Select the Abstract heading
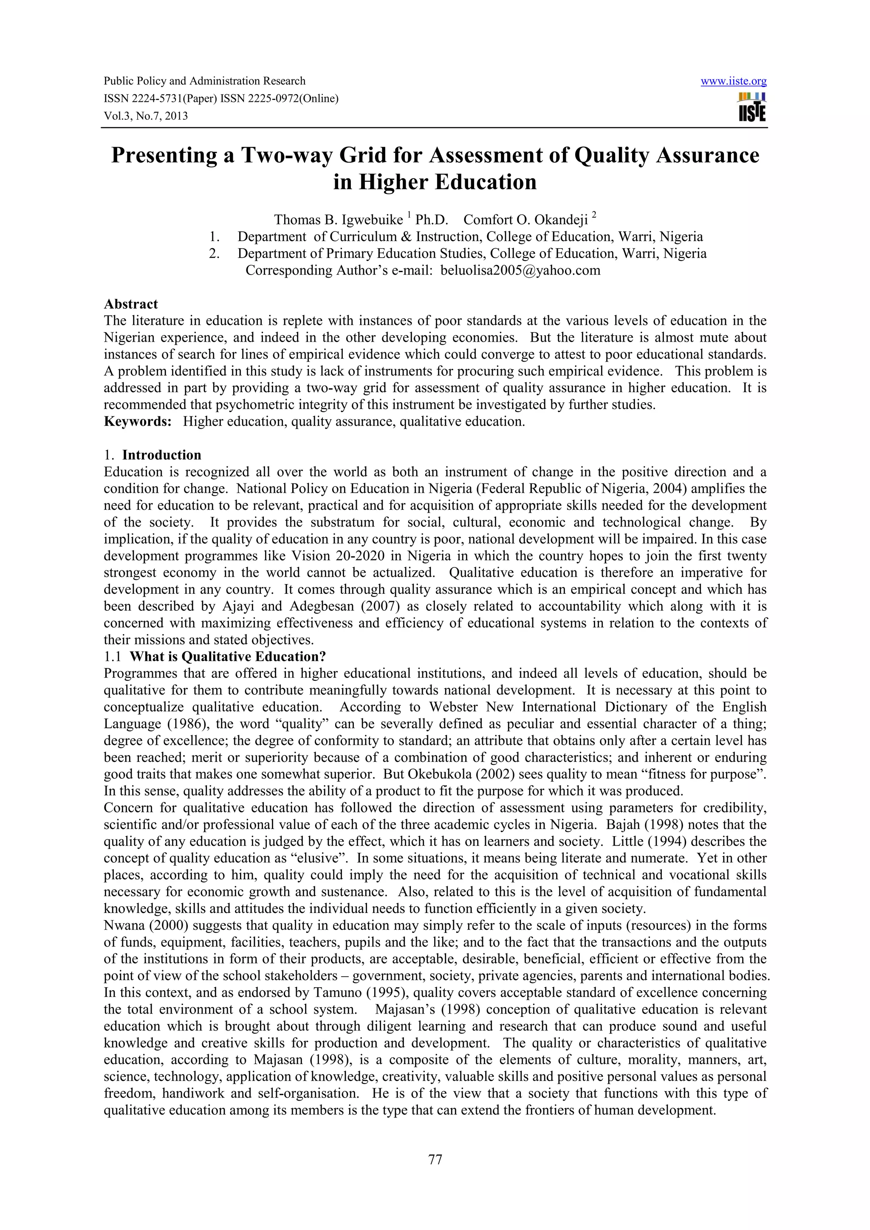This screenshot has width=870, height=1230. pos(131,304)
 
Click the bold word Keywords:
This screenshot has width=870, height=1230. pos(137,421)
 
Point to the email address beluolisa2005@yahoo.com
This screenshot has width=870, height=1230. pos(520,270)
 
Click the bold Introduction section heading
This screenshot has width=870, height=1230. pos(161,455)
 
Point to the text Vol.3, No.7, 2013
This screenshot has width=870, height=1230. pos(146,116)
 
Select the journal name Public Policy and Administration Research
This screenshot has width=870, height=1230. pos(204,81)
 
